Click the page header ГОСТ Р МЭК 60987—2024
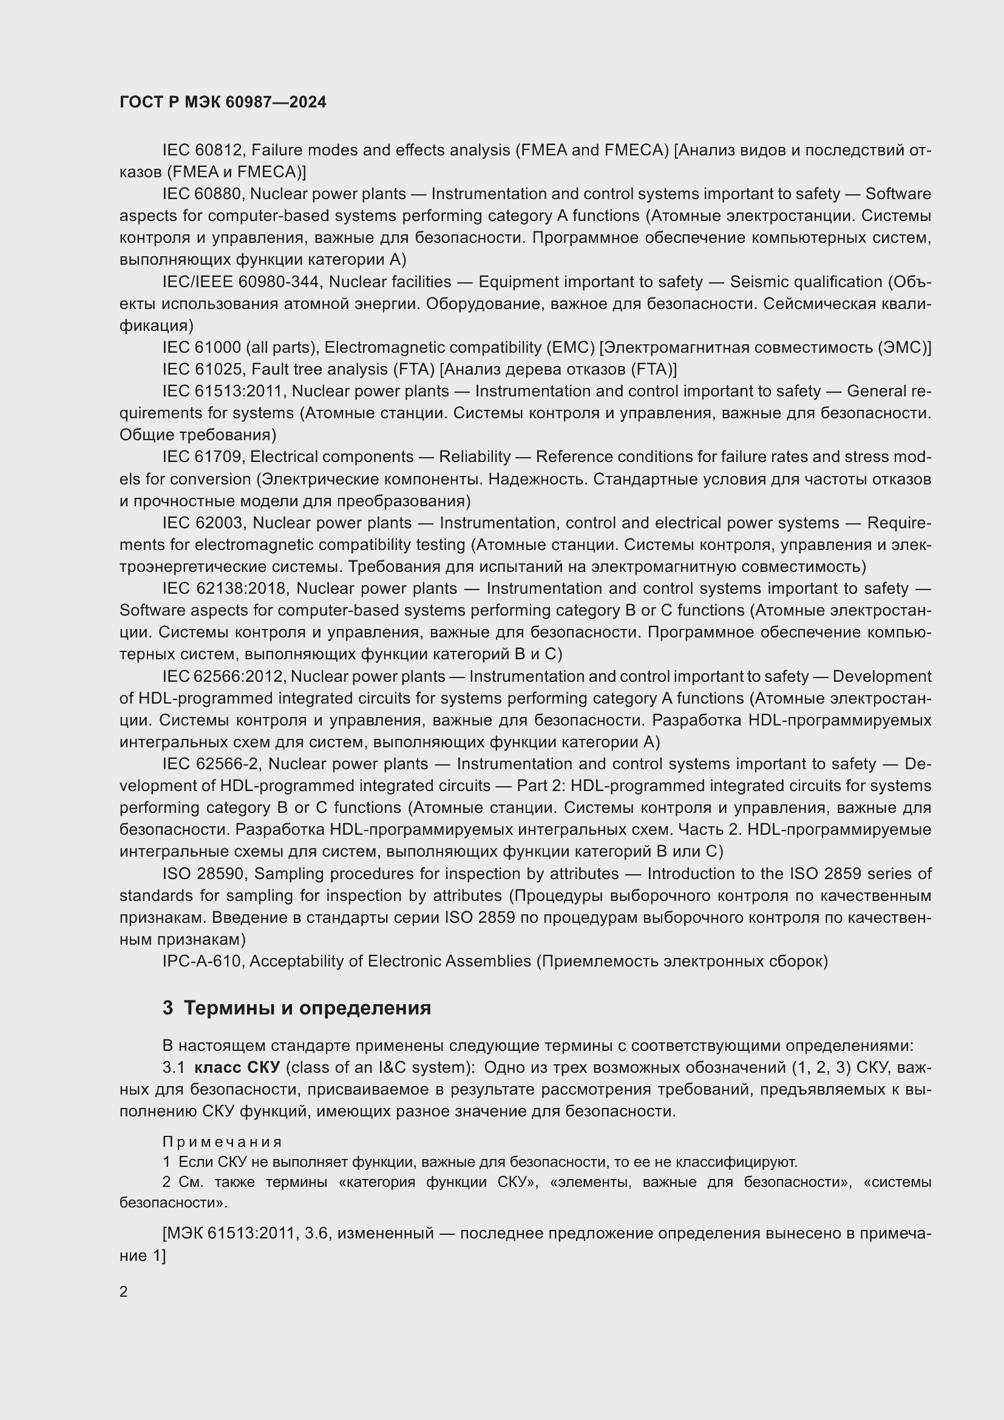pos(223,103)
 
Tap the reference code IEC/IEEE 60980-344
pos(241,282)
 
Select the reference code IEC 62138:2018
pos(225,588)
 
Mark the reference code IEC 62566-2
pos(210,764)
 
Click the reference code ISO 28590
pos(204,874)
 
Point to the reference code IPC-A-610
pos(202,961)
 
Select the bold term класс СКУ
pos(237,1067)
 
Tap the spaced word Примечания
pos(222,1142)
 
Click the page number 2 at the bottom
pos(124,1291)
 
